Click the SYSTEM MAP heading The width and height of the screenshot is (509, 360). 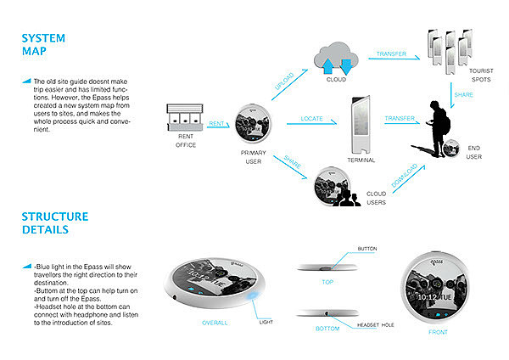42,45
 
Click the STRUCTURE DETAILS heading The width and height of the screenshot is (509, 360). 54,222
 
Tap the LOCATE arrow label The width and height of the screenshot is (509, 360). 311,120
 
